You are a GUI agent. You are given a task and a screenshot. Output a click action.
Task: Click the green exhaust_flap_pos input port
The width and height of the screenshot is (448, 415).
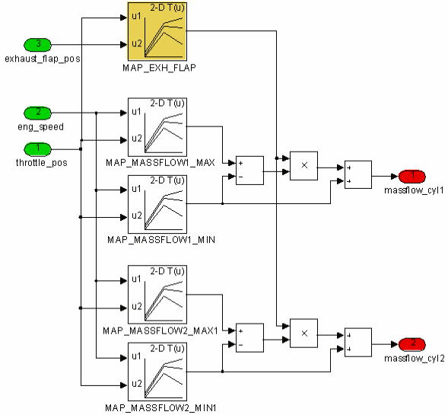[x=37, y=45]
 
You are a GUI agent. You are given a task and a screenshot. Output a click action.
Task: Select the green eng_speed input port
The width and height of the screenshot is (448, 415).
[x=37, y=113]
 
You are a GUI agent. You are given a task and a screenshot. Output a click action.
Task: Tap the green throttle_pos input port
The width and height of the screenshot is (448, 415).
[x=37, y=149]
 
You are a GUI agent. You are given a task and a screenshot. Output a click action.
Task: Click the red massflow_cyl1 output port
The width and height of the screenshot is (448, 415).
[x=412, y=176]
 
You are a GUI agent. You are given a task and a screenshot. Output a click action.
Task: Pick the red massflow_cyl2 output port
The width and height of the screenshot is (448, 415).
[x=412, y=344]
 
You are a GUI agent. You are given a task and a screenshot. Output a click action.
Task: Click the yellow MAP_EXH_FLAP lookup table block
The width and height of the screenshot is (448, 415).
[x=157, y=31]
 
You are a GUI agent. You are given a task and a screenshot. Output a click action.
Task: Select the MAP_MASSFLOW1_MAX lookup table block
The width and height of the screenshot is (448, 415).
[x=157, y=127]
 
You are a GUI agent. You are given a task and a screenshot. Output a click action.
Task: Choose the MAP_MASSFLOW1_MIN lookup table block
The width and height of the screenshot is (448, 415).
[x=157, y=204]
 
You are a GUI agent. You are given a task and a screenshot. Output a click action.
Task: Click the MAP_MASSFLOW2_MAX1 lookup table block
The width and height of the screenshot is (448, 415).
[x=157, y=295]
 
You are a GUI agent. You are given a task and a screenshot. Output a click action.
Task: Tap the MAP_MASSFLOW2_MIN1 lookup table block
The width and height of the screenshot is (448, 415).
[x=157, y=372]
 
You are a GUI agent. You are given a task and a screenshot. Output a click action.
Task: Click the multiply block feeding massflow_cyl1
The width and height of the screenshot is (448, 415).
[x=303, y=165]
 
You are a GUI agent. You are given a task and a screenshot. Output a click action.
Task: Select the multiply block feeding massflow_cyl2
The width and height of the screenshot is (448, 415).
[x=303, y=334]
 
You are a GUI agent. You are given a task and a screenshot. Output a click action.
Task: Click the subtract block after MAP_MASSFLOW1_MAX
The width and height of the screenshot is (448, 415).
[x=249, y=171]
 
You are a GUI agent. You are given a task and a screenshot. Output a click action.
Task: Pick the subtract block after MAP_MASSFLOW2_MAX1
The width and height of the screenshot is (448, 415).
[x=249, y=338]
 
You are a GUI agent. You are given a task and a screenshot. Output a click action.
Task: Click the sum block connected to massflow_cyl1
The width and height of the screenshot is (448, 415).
[x=358, y=174]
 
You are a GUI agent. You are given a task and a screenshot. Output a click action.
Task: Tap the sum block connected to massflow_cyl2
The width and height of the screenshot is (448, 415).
[x=358, y=343]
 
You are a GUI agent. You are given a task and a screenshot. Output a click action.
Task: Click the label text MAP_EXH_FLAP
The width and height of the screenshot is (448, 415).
[x=159, y=68]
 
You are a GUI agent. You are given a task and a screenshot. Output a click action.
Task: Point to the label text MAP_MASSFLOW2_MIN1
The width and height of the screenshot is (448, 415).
[x=160, y=407]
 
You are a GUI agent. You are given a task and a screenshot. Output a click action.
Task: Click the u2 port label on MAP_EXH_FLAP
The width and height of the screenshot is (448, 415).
[x=137, y=43]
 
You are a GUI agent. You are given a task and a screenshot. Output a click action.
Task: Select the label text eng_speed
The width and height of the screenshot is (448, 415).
[x=40, y=126]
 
